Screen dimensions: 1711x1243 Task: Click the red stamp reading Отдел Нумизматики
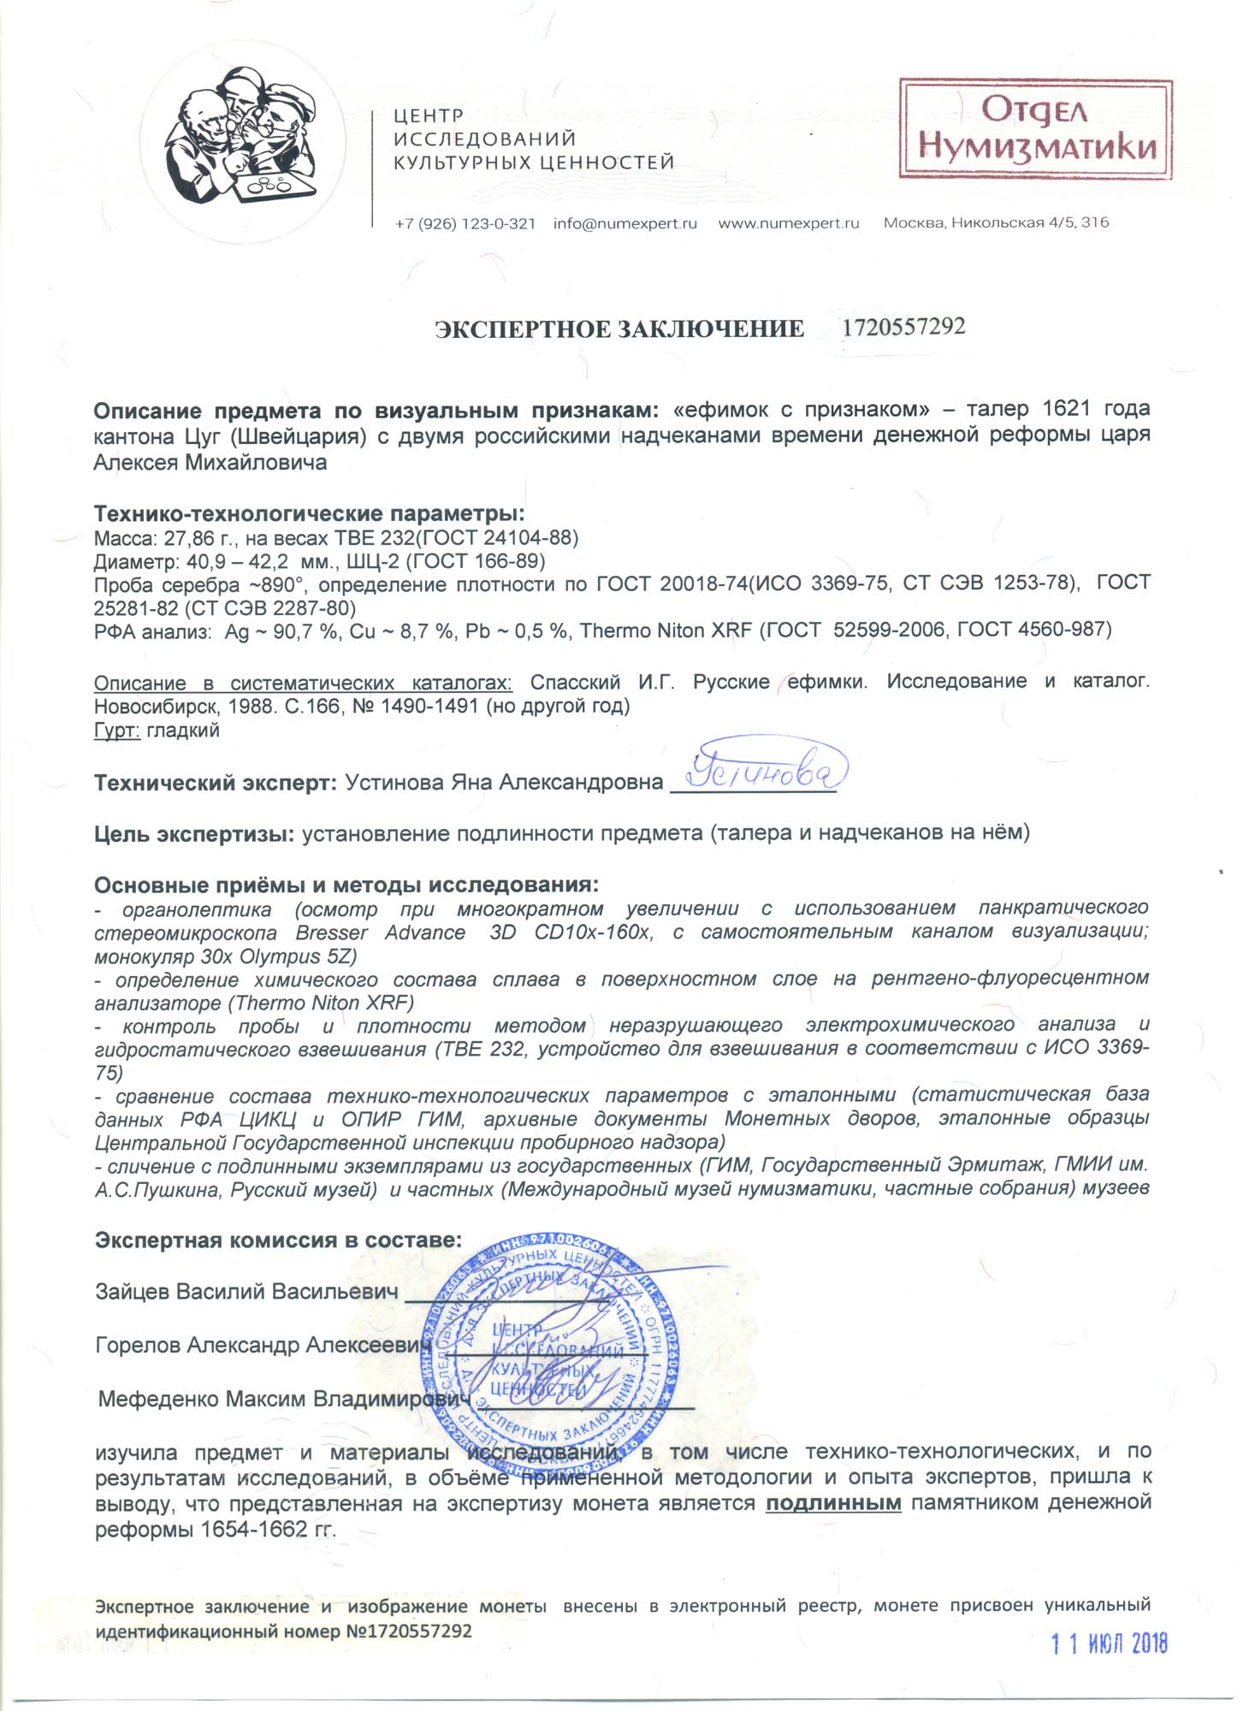(1035, 129)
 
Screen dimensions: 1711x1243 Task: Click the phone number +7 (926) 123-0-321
(465, 224)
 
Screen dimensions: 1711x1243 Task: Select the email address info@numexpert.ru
(625, 224)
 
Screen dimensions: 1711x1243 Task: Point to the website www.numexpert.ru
(788, 224)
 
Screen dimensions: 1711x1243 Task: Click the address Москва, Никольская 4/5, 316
(996, 223)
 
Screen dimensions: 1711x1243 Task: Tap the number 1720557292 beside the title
(903, 327)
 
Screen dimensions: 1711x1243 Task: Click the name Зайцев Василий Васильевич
(246, 1292)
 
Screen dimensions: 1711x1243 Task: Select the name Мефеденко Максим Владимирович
(284, 1400)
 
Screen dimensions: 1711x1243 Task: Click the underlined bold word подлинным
(833, 1504)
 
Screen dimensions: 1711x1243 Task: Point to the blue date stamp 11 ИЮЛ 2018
(1109, 1643)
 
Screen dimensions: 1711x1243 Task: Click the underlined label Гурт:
(117, 731)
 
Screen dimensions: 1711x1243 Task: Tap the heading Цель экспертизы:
(195, 833)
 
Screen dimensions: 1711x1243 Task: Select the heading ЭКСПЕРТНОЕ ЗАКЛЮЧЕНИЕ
(619, 329)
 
